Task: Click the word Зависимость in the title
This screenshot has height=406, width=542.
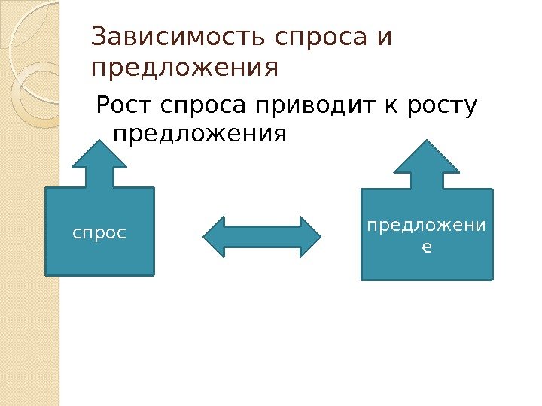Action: click(x=178, y=37)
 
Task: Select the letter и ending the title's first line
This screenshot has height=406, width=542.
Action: click(x=385, y=38)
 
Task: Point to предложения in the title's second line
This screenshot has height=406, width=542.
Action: click(x=184, y=69)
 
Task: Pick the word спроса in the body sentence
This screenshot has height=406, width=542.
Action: click(x=199, y=107)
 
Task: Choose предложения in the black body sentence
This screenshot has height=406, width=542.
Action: click(x=199, y=135)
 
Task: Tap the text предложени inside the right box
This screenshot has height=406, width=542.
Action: click(x=428, y=225)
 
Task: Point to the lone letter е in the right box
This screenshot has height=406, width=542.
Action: click(x=428, y=245)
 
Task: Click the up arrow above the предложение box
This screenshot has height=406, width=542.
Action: click(x=428, y=164)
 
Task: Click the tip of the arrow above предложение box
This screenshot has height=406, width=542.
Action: click(x=428, y=141)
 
